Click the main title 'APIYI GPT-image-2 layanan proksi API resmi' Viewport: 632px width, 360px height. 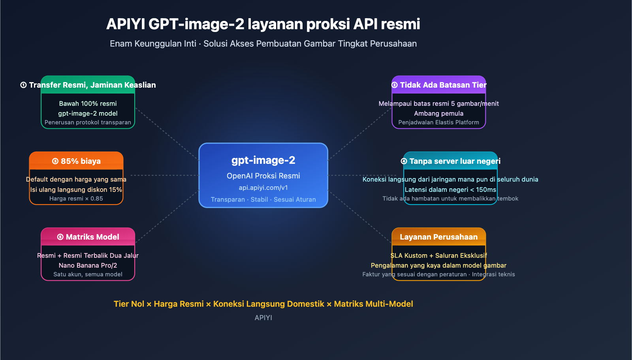tap(263, 24)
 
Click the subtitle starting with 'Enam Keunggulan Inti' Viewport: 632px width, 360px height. tap(263, 43)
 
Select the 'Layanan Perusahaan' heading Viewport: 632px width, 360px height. tap(438, 237)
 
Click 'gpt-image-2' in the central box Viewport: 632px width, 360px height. tap(263, 160)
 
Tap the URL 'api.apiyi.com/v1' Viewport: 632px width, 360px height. tap(263, 187)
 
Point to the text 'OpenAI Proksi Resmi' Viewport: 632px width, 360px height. tap(263, 176)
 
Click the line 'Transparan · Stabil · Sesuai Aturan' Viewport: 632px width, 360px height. tap(263, 199)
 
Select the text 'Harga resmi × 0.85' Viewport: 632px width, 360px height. tap(76, 199)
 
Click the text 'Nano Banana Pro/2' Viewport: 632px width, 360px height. tap(88, 265)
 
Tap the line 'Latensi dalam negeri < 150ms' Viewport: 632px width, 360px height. tap(450, 189)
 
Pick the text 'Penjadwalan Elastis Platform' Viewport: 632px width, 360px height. tap(438, 122)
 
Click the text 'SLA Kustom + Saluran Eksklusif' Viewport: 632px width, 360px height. tap(438, 255)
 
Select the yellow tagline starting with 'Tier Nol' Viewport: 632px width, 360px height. tap(263, 304)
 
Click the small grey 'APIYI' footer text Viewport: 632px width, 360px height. tap(263, 318)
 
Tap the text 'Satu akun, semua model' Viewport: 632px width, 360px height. tap(88, 274)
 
